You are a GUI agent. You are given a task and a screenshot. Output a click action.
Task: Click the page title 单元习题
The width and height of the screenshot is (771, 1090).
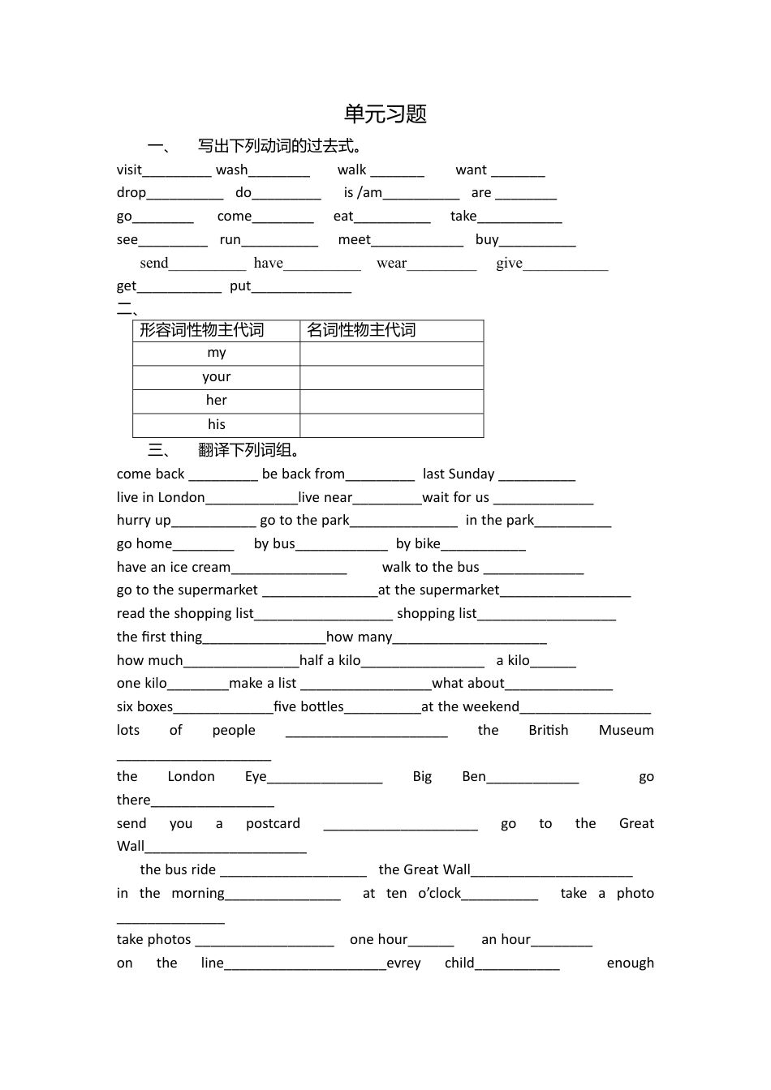coord(385,114)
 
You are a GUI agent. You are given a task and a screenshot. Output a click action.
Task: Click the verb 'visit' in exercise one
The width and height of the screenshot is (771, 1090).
coord(129,170)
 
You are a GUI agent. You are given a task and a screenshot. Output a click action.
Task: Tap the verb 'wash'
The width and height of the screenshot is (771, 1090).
coord(231,170)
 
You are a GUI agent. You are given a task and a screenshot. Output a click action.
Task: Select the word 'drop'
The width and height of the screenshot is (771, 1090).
coord(131,193)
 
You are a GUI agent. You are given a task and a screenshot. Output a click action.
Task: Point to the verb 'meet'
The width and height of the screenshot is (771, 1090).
coord(354,239)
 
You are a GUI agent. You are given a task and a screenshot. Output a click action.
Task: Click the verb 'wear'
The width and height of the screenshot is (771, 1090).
coord(391,263)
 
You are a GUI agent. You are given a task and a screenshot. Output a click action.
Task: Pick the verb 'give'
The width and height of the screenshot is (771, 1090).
coord(509,263)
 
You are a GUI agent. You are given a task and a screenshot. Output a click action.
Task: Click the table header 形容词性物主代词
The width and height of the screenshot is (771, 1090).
coord(202,330)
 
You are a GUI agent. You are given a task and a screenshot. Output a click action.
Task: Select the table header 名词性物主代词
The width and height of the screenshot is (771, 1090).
coord(361,330)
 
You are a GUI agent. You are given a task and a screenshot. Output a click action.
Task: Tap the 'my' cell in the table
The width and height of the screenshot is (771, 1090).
coord(217,353)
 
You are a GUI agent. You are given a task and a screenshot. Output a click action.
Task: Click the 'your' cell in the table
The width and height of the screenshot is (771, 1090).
coord(217,377)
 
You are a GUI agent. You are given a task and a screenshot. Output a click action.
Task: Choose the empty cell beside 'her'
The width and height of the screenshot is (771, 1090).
coord(391,401)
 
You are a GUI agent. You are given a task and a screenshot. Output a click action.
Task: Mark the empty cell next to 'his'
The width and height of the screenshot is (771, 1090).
coord(391,425)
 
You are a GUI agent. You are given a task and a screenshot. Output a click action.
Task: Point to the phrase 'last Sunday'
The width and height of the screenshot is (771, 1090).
coord(459,474)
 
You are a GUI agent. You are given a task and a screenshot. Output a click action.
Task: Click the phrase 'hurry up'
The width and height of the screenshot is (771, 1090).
coord(144,520)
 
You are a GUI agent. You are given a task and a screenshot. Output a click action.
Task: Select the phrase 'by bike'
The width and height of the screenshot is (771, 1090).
coord(418,543)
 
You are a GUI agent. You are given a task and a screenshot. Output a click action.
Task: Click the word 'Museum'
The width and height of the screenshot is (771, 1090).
coord(626,730)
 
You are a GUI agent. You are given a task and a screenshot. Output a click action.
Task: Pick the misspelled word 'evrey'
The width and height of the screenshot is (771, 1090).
coord(403,963)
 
